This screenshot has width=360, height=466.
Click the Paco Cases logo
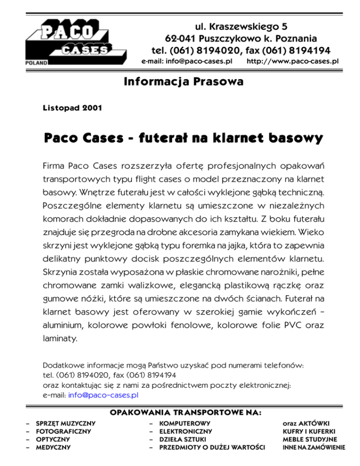pyautogui.click(x=69, y=41)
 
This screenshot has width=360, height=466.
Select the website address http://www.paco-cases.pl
pyautogui.click(x=292, y=61)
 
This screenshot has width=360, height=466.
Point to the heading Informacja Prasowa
pyautogui.click(x=183, y=83)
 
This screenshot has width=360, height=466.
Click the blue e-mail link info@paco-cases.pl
pyautogui.click(x=103, y=395)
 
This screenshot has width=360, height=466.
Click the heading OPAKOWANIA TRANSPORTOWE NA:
pyautogui.click(x=185, y=413)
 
